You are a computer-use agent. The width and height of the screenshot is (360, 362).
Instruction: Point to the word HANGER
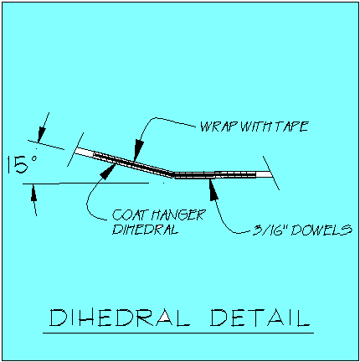(177, 215)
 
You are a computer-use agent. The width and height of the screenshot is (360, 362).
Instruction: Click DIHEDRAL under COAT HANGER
(145, 229)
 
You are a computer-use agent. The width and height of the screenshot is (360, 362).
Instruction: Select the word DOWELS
(321, 230)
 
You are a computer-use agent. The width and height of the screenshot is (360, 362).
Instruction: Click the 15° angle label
(22, 164)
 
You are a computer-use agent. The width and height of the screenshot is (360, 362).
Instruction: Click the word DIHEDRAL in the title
(120, 318)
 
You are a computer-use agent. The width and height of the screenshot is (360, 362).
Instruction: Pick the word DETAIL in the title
(260, 318)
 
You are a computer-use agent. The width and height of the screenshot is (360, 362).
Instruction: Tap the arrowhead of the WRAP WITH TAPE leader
(138, 150)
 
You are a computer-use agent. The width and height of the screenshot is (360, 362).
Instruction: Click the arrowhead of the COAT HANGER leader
(108, 171)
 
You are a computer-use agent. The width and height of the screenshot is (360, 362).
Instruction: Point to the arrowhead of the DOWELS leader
(213, 189)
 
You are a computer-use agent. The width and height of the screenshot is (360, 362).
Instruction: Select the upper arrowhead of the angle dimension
(41, 134)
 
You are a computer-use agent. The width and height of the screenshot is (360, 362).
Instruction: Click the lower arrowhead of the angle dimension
(33, 193)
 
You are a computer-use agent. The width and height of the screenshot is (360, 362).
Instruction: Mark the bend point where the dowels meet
(173, 174)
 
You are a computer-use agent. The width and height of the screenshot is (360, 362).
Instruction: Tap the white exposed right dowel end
(264, 174)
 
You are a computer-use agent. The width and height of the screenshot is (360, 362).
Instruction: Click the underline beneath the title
(178, 333)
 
